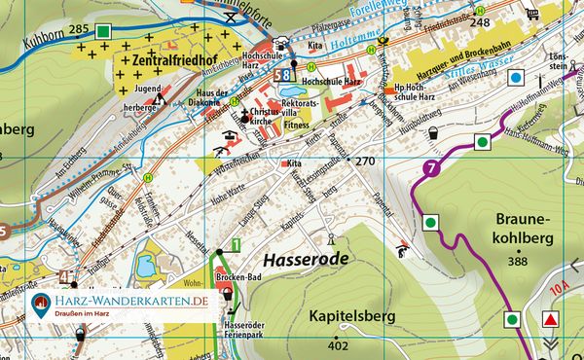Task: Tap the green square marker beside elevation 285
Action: [104, 31]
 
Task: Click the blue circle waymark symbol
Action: [516, 77]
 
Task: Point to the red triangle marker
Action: [553, 320]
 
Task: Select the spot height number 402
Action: [338, 346]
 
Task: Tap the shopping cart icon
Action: [533, 14]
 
